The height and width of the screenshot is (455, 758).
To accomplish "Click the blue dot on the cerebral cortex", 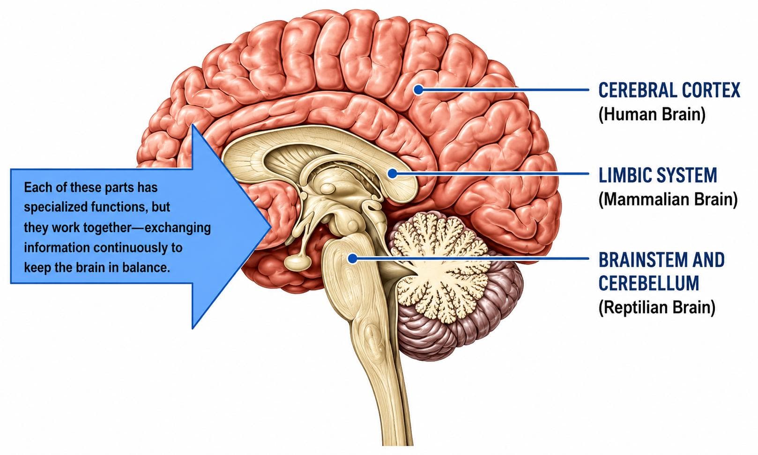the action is click(419, 89).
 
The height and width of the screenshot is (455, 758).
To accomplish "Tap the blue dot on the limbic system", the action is click(392, 174).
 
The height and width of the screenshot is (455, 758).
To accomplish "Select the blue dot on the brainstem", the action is click(353, 258).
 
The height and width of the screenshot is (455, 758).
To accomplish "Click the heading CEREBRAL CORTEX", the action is click(669, 90).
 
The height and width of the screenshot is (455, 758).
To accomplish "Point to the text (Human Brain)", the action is click(652, 114).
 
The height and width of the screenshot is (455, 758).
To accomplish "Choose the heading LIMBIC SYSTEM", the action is click(657, 175).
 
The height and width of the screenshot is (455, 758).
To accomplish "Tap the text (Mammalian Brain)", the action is click(668, 199).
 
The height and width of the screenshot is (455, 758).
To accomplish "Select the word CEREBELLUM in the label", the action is click(648, 283).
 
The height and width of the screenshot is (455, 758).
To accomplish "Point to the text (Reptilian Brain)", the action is click(657, 308).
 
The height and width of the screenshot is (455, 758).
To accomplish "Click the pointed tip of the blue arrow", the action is click(270, 227).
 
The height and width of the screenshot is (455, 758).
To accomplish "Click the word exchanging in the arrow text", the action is click(178, 227).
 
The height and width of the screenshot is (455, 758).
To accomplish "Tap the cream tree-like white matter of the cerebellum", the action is click(440, 264).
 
